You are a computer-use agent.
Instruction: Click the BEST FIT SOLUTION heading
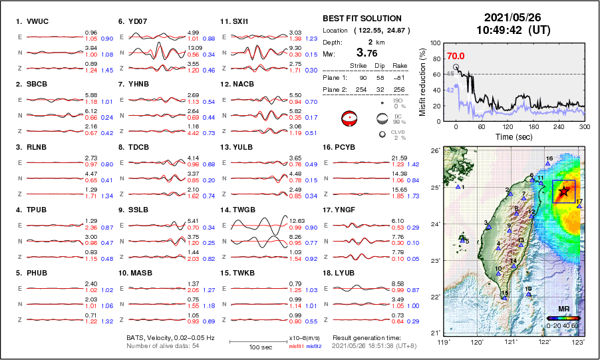coord(362,19)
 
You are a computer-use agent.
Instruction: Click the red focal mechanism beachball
coord(349,119)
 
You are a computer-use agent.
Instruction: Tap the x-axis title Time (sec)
coord(510,136)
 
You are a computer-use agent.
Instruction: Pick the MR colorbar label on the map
coord(563,309)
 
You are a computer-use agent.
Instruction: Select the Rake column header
coord(400,67)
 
